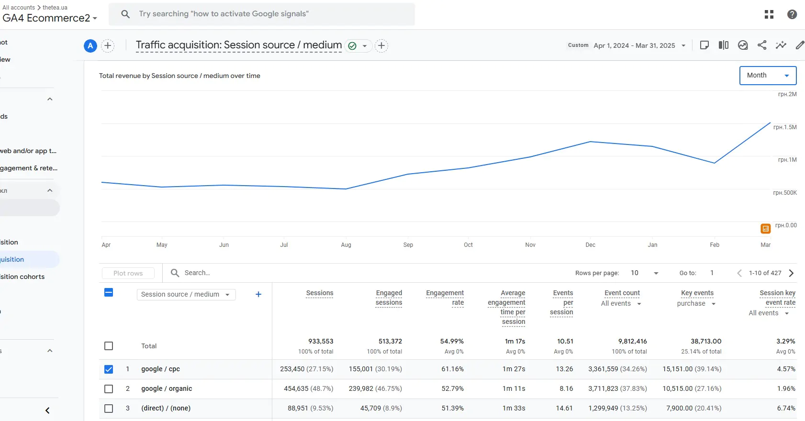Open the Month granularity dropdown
(768, 76)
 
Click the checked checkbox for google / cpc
(109, 369)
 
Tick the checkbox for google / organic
(109, 388)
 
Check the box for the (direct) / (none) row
(109, 409)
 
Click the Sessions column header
(320, 293)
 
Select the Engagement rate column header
(445, 298)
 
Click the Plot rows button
(128, 273)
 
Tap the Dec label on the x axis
(591, 245)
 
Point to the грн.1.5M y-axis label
(785, 127)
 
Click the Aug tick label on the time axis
(346, 245)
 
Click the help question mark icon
(792, 14)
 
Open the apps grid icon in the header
(769, 14)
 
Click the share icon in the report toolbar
(762, 45)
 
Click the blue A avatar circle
(90, 45)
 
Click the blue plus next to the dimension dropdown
(258, 295)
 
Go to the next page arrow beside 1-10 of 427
(791, 273)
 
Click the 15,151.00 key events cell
(677, 369)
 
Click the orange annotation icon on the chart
(765, 229)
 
